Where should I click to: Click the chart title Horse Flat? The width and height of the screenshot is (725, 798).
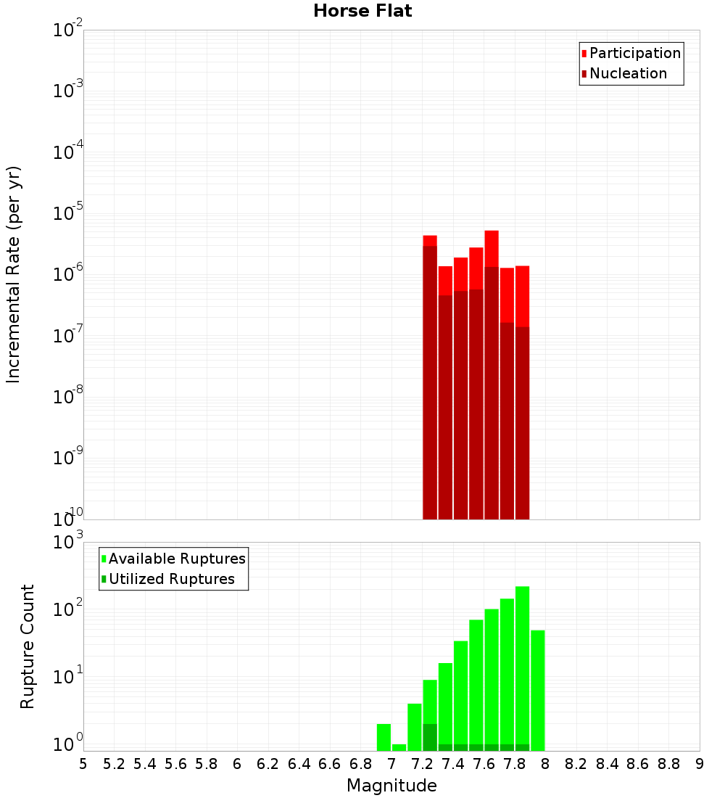coord(362,12)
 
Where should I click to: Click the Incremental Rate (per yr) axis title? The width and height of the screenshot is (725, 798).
coord(14,275)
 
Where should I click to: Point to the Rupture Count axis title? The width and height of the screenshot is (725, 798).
coord(28,646)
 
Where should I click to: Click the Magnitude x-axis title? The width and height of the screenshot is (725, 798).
coord(391,786)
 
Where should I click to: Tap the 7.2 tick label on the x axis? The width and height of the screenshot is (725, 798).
coord(422,764)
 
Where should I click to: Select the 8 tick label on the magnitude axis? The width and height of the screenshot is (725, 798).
coord(546,764)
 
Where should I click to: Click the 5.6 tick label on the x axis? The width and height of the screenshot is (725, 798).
coord(175,764)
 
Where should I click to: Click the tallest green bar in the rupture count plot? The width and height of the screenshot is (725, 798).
coord(522,667)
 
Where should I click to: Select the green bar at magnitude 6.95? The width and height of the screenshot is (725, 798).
coord(384,737)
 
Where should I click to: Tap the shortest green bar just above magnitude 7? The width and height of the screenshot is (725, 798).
coord(399,747)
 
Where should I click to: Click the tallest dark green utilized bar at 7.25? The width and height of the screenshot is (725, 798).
coord(430,737)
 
